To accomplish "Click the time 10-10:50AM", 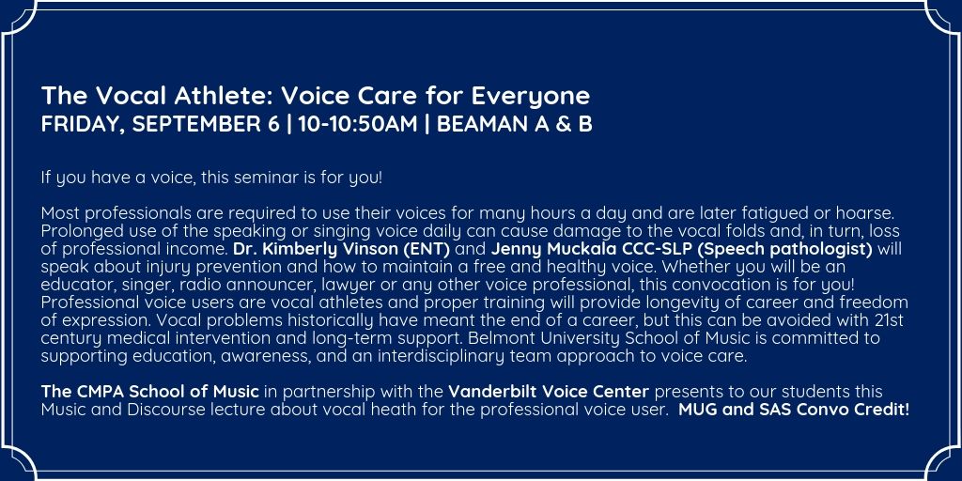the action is click(358, 124).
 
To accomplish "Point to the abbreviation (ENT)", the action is click(432, 250).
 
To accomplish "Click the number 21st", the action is click(887, 321).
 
